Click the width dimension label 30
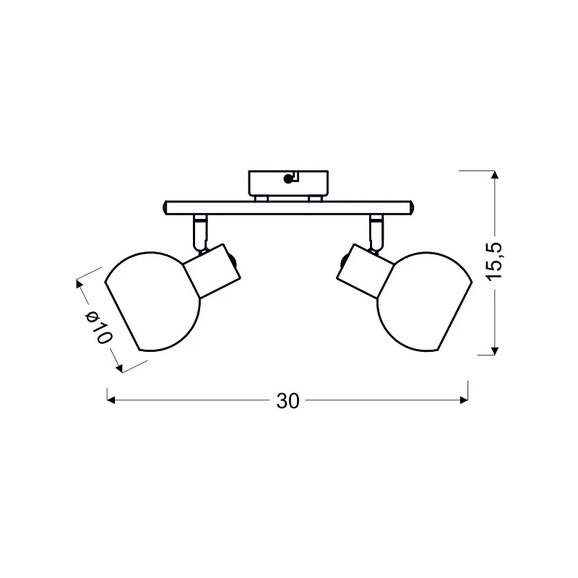pos(288,401)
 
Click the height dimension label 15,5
pos(495,262)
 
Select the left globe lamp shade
pos(152,302)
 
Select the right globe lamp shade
pos(425,302)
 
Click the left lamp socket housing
pos(212,271)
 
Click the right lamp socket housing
pos(365,271)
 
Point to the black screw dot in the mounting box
pos(288,179)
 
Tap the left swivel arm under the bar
pos(200,232)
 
